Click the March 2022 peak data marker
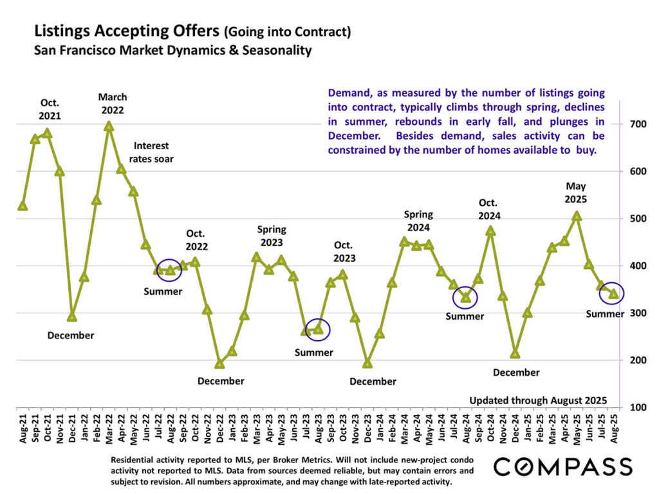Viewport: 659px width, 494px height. (109, 127)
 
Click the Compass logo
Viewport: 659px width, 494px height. (562, 466)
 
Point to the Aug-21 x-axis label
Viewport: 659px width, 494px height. (23, 428)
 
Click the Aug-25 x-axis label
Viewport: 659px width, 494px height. (614, 428)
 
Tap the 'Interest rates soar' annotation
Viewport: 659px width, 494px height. (151, 152)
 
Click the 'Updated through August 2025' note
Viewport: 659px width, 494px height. (538, 400)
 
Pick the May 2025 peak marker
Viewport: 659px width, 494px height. (577, 217)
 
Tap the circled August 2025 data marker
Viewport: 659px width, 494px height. (614, 293)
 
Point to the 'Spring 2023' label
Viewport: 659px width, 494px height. (272, 235)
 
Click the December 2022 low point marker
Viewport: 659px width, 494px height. (219, 364)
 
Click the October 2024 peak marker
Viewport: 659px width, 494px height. (491, 231)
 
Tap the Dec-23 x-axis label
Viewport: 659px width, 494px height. (367, 428)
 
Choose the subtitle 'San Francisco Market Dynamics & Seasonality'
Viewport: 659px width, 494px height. (172, 50)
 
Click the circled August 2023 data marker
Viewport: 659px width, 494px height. (318, 329)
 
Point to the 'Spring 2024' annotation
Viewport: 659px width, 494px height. (418, 221)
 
